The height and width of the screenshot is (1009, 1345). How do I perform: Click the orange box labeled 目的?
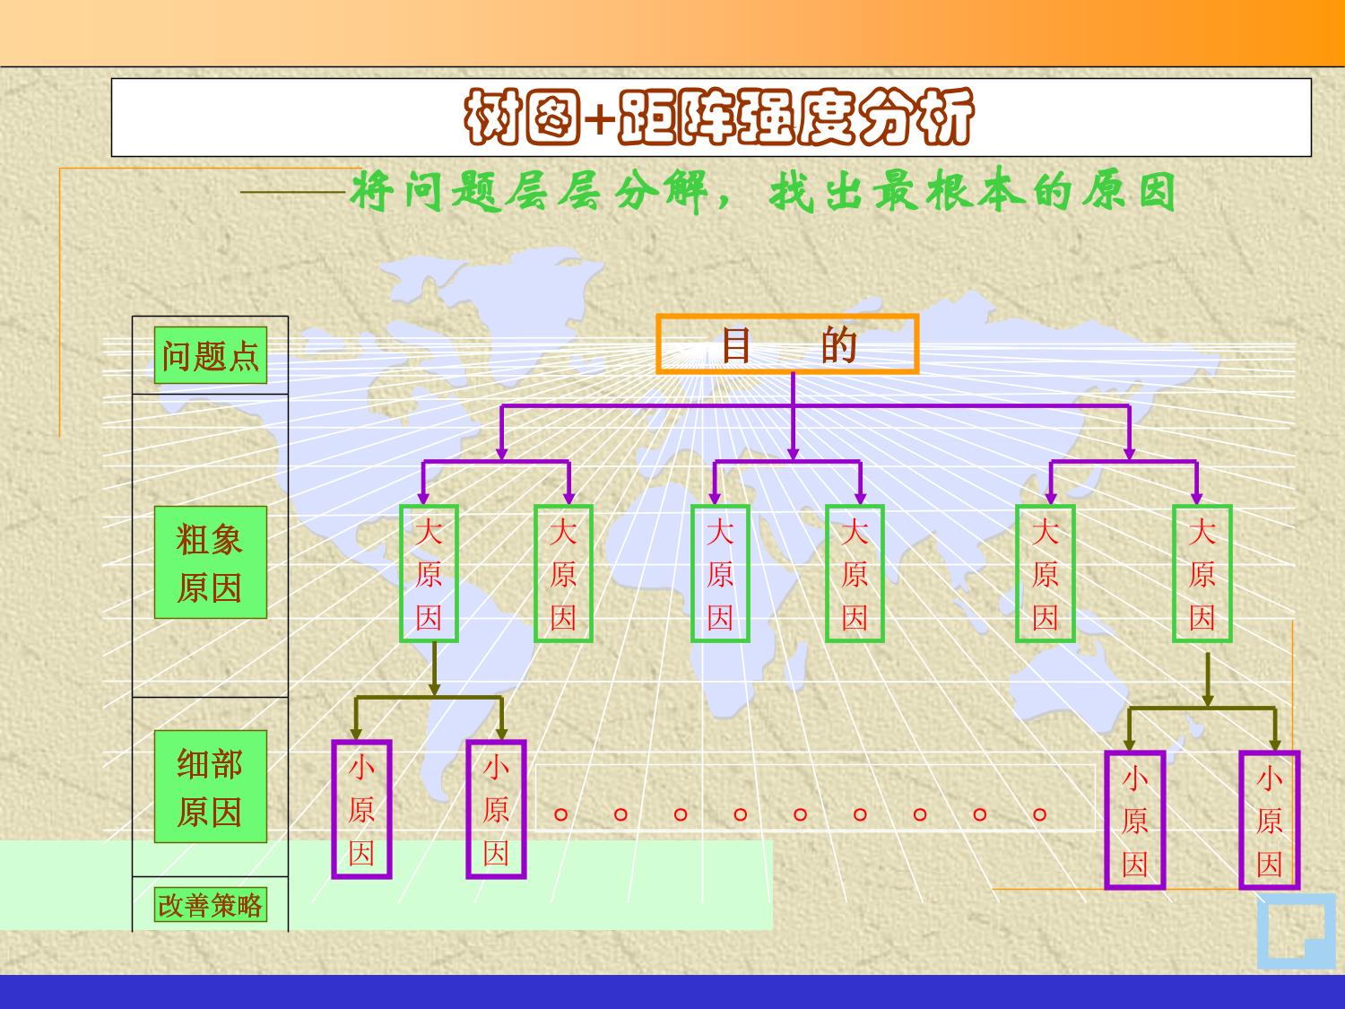(787, 344)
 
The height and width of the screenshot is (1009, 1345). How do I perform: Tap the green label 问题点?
(210, 356)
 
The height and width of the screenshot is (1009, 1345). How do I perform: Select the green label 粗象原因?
(210, 562)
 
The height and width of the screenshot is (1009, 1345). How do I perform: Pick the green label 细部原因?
(210, 787)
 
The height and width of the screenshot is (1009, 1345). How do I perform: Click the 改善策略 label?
(210, 904)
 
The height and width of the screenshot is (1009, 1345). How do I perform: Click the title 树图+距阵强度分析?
(717, 117)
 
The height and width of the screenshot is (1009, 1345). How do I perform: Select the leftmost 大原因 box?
(429, 574)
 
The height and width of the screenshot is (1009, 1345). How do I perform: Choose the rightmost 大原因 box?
(1202, 574)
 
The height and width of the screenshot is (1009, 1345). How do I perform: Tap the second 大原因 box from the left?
(563, 574)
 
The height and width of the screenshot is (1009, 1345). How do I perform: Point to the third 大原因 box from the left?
(720, 574)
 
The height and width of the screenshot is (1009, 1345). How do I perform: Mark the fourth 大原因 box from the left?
(855, 574)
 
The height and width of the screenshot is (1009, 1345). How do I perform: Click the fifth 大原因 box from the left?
(1045, 574)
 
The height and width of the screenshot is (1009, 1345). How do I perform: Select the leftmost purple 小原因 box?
(361, 809)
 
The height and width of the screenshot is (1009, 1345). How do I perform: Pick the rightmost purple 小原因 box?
(1269, 820)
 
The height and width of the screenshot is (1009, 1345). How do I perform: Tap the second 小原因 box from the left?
(496, 809)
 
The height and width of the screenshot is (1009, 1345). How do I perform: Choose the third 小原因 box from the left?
(1134, 820)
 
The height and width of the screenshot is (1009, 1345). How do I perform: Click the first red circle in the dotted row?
(561, 814)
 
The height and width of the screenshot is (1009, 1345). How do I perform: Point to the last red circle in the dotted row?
(1040, 814)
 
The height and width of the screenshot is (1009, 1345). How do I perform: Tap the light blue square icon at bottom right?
(1295, 931)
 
